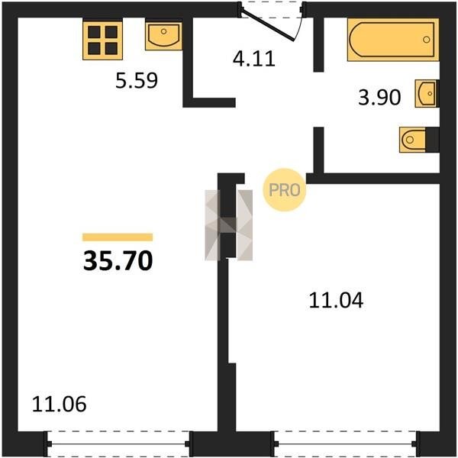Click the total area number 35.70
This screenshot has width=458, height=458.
(118, 261)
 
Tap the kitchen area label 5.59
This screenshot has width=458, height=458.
(137, 80)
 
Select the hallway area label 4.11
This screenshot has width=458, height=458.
(254, 59)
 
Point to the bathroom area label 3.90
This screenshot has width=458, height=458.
(379, 97)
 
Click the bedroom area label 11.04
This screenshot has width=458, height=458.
(336, 300)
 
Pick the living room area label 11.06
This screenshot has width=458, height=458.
(59, 404)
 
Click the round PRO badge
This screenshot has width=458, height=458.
(285, 190)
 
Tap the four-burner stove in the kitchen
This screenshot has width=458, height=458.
(102, 40)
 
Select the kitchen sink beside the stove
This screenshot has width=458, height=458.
(163, 35)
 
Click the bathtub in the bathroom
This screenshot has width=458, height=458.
(393, 40)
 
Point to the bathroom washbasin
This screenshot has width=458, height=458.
(427, 93)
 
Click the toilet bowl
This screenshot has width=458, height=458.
(413, 140)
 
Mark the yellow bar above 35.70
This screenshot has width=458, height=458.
(118, 237)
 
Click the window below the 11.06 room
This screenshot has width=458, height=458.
(118, 443)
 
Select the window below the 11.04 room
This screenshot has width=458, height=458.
(345, 443)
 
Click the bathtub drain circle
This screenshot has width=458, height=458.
(427, 40)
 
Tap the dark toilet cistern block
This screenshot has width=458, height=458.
(433, 140)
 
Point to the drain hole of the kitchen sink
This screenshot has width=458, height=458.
(163, 31)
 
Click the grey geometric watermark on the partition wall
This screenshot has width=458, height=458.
(229, 225)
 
